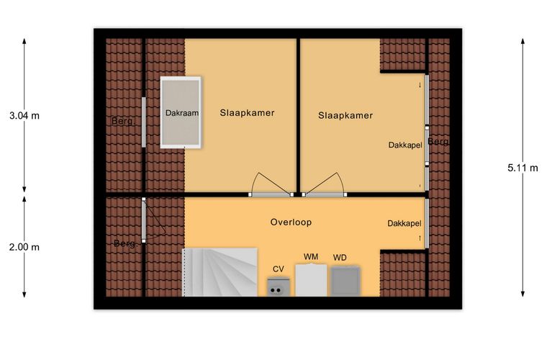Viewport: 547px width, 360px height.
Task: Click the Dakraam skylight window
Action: (x=181, y=112)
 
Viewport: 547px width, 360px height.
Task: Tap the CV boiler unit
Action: (x=278, y=287)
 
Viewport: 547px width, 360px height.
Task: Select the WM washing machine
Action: (x=311, y=281)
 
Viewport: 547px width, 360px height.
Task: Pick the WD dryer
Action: (x=345, y=282)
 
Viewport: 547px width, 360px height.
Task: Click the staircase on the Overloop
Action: (x=220, y=272)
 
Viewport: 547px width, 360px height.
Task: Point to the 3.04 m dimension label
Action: (x=24, y=116)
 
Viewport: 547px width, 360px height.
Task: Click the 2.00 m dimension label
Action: (x=24, y=248)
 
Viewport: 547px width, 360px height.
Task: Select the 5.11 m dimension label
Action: (x=523, y=168)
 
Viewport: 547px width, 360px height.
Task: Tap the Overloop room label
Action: (x=291, y=222)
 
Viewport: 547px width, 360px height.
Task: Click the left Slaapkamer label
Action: (x=247, y=112)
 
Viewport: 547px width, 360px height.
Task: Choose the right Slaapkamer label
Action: (x=345, y=115)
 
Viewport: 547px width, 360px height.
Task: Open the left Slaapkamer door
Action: (x=271, y=185)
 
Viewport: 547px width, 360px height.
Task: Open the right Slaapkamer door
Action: (x=325, y=185)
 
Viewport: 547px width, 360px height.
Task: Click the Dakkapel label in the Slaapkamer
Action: (x=405, y=145)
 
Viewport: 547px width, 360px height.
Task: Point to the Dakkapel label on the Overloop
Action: (x=404, y=223)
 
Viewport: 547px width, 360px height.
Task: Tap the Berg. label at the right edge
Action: (x=438, y=142)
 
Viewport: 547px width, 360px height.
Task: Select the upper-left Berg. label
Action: (x=123, y=122)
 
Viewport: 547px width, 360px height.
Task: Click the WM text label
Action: (x=311, y=257)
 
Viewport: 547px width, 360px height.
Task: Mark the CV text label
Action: (x=278, y=269)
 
